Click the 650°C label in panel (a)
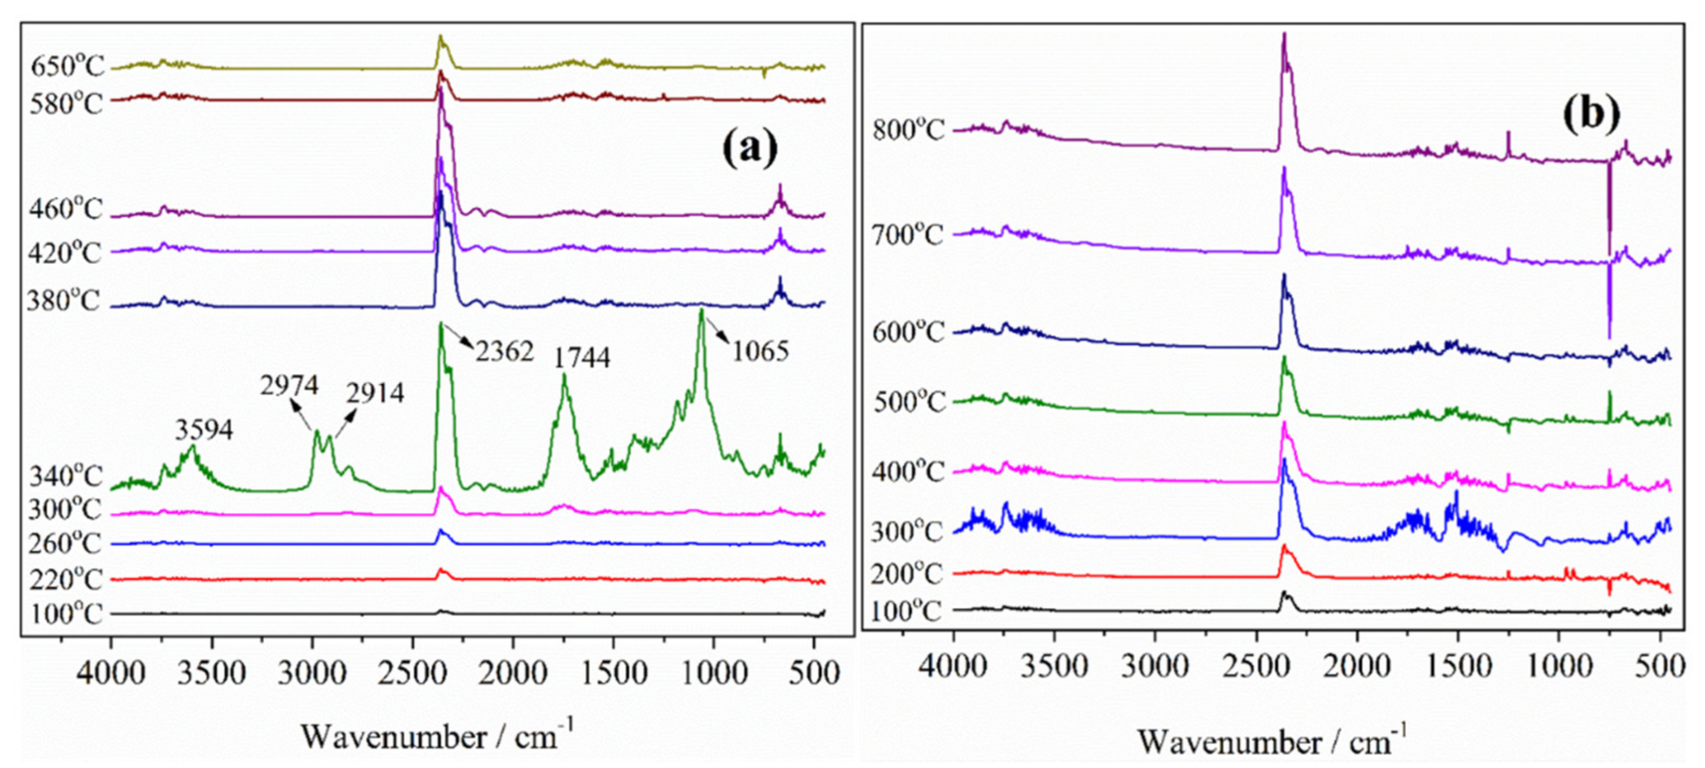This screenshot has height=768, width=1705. (67, 67)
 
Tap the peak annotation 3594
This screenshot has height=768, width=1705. (204, 431)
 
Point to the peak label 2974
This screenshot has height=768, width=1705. (288, 386)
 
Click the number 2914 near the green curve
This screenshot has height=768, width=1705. (375, 394)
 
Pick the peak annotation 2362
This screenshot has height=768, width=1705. (504, 352)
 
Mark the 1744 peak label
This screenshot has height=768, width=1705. (582, 358)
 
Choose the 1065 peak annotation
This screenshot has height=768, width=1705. (760, 351)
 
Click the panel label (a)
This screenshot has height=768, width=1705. (749, 150)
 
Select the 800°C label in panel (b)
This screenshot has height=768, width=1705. (908, 130)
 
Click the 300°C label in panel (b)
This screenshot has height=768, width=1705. (906, 532)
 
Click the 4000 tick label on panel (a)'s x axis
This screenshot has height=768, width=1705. (111, 673)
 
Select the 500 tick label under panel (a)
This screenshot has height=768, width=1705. (815, 673)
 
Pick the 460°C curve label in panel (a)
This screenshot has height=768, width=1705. (66, 210)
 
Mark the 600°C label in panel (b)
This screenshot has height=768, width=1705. (908, 332)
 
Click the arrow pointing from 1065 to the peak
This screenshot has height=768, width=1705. (718, 331)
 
